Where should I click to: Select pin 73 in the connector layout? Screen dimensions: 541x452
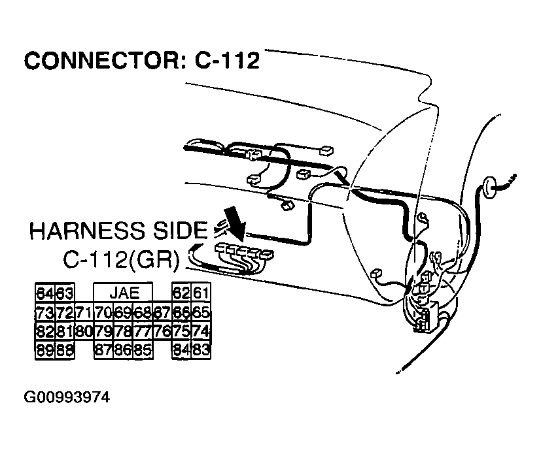[x=45, y=312]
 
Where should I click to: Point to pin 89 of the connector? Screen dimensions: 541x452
[x=45, y=351]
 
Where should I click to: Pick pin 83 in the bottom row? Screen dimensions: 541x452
[x=200, y=351]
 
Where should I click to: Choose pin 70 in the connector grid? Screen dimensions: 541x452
[x=103, y=312]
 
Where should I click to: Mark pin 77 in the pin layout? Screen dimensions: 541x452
[x=142, y=331]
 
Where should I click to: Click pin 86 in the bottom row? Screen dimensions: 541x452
[x=123, y=351]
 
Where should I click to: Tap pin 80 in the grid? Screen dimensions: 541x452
[x=84, y=331]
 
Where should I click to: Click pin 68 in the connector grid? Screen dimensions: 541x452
[x=142, y=312]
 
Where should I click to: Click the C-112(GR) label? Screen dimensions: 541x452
[x=121, y=259]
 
